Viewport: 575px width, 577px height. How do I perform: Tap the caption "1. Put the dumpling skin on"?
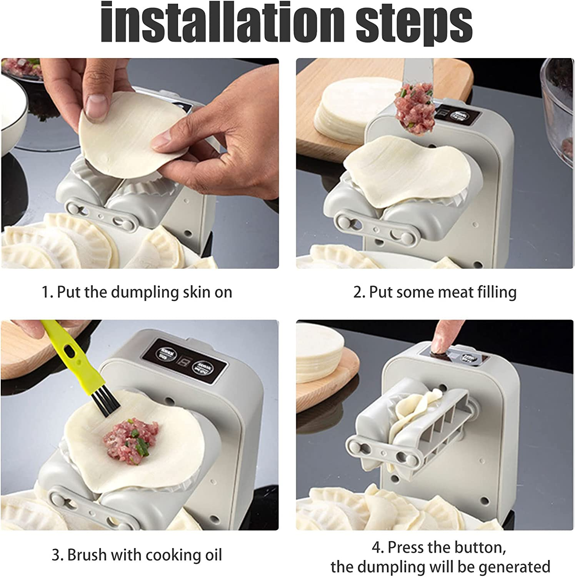pyautogui.click(x=137, y=292)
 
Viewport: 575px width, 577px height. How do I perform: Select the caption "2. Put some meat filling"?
pyautogui.click(x=435, y=292)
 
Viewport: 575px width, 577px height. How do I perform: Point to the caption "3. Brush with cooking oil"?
pyautogui.click(x=137, y=555)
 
